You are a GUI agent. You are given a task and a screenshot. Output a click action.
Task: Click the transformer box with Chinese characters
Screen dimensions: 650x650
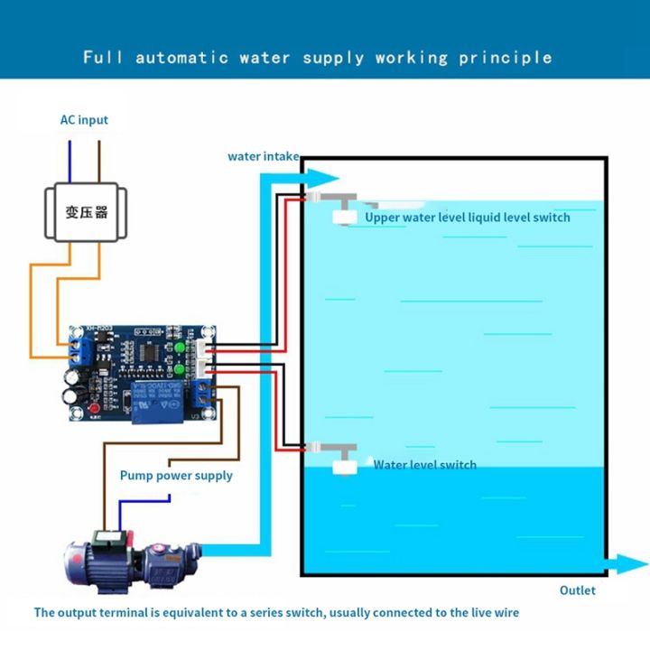(x=86, y=213)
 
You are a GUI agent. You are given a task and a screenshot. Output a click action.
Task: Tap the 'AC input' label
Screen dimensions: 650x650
(x=84, y=120)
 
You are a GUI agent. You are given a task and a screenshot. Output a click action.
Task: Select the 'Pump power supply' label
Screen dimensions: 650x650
(x=176, y=476)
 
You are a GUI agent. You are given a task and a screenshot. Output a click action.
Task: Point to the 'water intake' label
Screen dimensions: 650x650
(x=263, y=156)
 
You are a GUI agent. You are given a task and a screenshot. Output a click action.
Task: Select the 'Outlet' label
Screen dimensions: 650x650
(x=578, y=590)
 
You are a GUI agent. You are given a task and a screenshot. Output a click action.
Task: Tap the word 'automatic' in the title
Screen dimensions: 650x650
(x=181, y=58)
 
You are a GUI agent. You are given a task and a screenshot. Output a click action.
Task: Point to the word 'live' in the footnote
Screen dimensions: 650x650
(x=478, y=613)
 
